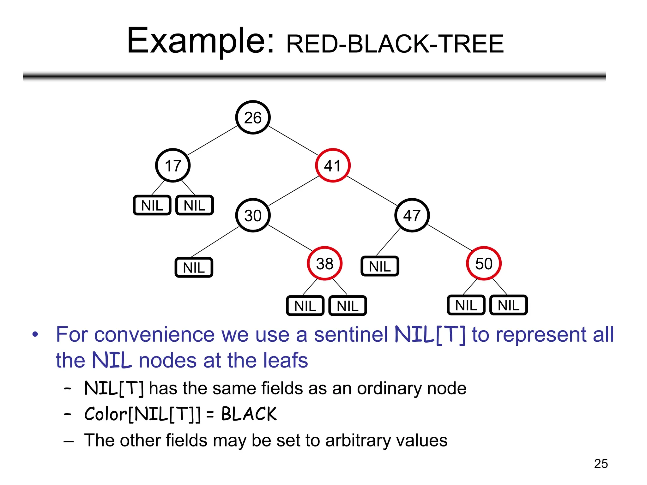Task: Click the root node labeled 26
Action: tap(253, 117)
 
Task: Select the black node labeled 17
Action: tap(173, 165)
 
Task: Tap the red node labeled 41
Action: tap(333, 165)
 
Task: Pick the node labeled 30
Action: tap(253, 216)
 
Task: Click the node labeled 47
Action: tap(412, 216)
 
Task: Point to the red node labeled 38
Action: tap(324, 264)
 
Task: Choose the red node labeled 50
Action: tap(484, 264)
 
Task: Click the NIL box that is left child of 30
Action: tap(194, 268)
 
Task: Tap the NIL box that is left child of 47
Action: tap(380, 266)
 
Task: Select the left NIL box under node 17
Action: tap(152, 206)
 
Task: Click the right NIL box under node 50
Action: tap(508, 305)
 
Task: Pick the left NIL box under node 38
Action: tap(305, 306)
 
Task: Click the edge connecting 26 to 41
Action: tap(293, 141)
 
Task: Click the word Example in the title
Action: tap(200, 41)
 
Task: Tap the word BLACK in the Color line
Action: tap(249, 414)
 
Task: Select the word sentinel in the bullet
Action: tap(351, 335)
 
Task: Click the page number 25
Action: tap(601, 464)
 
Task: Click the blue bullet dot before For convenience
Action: tap(35, 334)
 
